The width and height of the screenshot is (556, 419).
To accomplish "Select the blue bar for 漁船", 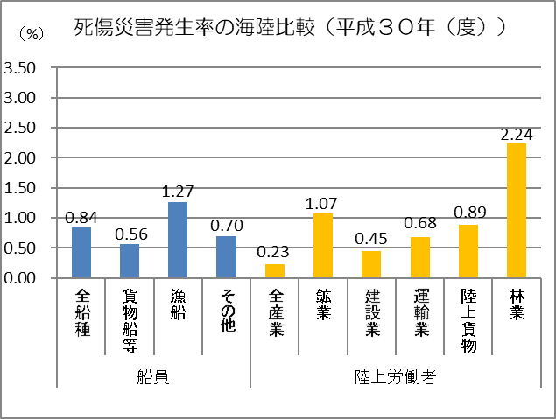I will [x=178, y=240].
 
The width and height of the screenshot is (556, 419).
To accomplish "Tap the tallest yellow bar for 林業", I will [x=515, y=210].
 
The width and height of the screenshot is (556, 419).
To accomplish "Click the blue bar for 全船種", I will [x=81, y=252].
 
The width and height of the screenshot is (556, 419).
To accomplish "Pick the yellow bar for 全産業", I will [x=275, y=270].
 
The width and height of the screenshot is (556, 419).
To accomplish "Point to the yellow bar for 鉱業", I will [x=323, y=245].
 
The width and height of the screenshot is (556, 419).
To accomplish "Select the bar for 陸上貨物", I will [x=468, y=251].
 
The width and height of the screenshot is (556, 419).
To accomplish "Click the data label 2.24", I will [x=515, y=134].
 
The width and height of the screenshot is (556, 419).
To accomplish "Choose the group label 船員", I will [x=154, y=377].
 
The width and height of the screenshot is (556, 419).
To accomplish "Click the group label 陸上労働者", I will [x=396, y=377].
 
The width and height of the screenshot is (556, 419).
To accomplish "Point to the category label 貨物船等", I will [x=130, y=319].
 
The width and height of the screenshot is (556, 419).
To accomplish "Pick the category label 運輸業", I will [x=419, y=312].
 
